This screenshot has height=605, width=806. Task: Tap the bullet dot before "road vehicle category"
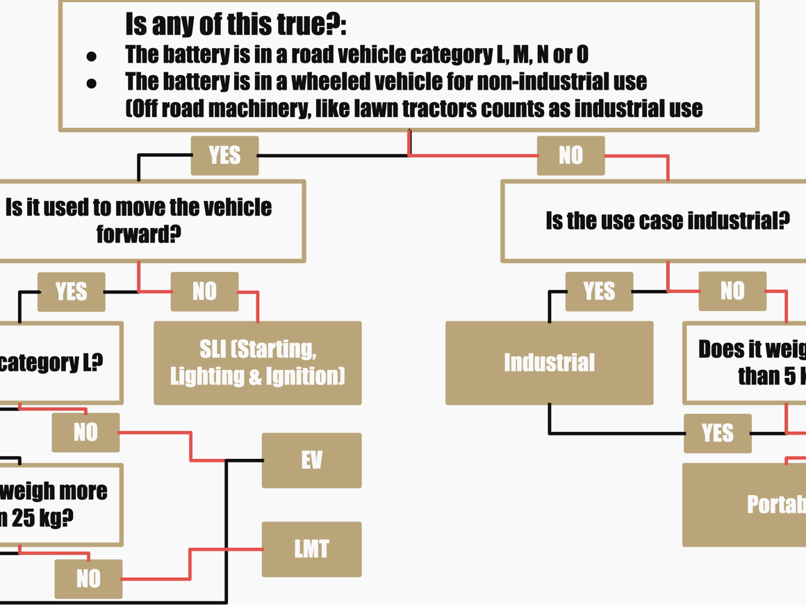tap(91, 56)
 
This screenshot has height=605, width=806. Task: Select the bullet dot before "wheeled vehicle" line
tap(91, 83)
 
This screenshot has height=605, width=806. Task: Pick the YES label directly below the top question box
tap(224, 155)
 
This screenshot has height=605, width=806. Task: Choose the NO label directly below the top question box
tap(570, 155)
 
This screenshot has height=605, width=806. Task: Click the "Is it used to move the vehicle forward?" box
tap(139, 220)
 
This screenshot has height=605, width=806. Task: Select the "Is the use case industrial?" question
tap(667, 221)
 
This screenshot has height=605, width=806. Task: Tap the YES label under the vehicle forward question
tap(71, 291)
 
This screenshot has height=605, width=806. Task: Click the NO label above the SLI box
tap(204, 291)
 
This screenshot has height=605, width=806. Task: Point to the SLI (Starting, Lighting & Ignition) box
tap(257, 362)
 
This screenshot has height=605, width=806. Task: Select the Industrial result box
tap(549, 362)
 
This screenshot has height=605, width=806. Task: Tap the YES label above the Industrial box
tap(599, 291)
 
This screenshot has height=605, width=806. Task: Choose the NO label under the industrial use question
tap(732, 291)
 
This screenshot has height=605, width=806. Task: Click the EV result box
tap(311, 460)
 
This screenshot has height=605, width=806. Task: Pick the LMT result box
tap(311, 549)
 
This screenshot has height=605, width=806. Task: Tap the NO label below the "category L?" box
tap(85, 433)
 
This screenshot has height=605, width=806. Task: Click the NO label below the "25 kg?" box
tap(88, 579)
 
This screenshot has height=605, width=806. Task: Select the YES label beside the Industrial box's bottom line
tap(717, 433)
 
